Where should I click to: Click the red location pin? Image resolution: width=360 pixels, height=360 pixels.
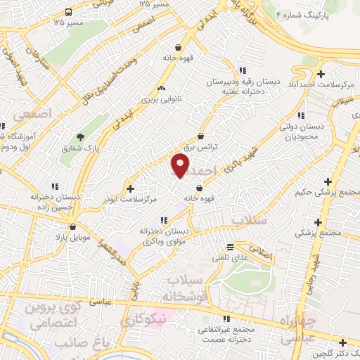tap(181, 167)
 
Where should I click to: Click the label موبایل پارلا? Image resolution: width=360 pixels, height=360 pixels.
tap(74, 238)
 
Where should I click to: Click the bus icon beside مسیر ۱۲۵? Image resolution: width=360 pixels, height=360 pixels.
tap(68, 13)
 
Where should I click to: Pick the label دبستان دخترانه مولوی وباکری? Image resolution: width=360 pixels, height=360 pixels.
tap(166, 236)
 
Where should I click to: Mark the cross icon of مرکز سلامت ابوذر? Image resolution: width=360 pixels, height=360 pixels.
tap(129, 188)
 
